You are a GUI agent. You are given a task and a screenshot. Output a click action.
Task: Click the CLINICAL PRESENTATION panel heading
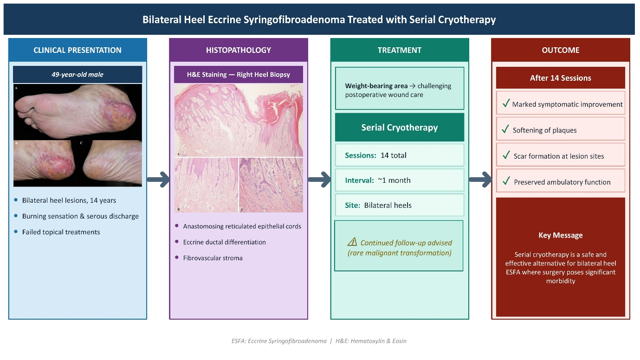[78, 50]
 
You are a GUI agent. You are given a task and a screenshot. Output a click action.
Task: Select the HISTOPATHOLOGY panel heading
[238, 50]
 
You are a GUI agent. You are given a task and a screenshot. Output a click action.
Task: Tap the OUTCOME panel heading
[561, 50]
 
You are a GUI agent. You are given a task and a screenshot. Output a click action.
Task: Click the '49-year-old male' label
[78, 75]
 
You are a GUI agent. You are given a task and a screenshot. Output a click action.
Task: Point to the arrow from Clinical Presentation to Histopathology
[158, 180]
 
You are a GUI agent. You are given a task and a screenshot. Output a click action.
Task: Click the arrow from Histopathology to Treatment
[319, 180]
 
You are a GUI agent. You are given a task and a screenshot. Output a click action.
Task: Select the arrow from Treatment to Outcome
[480, 180]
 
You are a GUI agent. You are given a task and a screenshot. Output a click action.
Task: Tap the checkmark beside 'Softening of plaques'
[505, 129]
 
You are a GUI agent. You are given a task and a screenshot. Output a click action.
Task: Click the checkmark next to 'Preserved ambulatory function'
[506, 181]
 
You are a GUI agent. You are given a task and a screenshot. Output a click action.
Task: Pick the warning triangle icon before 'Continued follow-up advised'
[352, 242]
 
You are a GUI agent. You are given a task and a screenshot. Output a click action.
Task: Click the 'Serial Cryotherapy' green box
[400, 127]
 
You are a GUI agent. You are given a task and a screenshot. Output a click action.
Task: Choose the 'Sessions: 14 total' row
[400, 155]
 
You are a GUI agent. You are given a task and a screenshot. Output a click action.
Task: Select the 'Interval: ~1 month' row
[400, 180]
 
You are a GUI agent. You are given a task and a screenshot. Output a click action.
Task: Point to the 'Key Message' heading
[561, 235]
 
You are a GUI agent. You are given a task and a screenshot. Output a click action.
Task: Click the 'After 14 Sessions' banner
[561, 78]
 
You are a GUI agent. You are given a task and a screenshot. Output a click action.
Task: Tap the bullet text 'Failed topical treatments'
[61, 232]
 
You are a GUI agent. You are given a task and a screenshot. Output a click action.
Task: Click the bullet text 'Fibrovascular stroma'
[213, 258]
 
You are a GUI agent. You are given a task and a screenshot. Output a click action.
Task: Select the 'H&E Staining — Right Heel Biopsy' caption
[239, 75]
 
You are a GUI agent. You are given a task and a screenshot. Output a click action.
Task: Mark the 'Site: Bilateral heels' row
[400, 205]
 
